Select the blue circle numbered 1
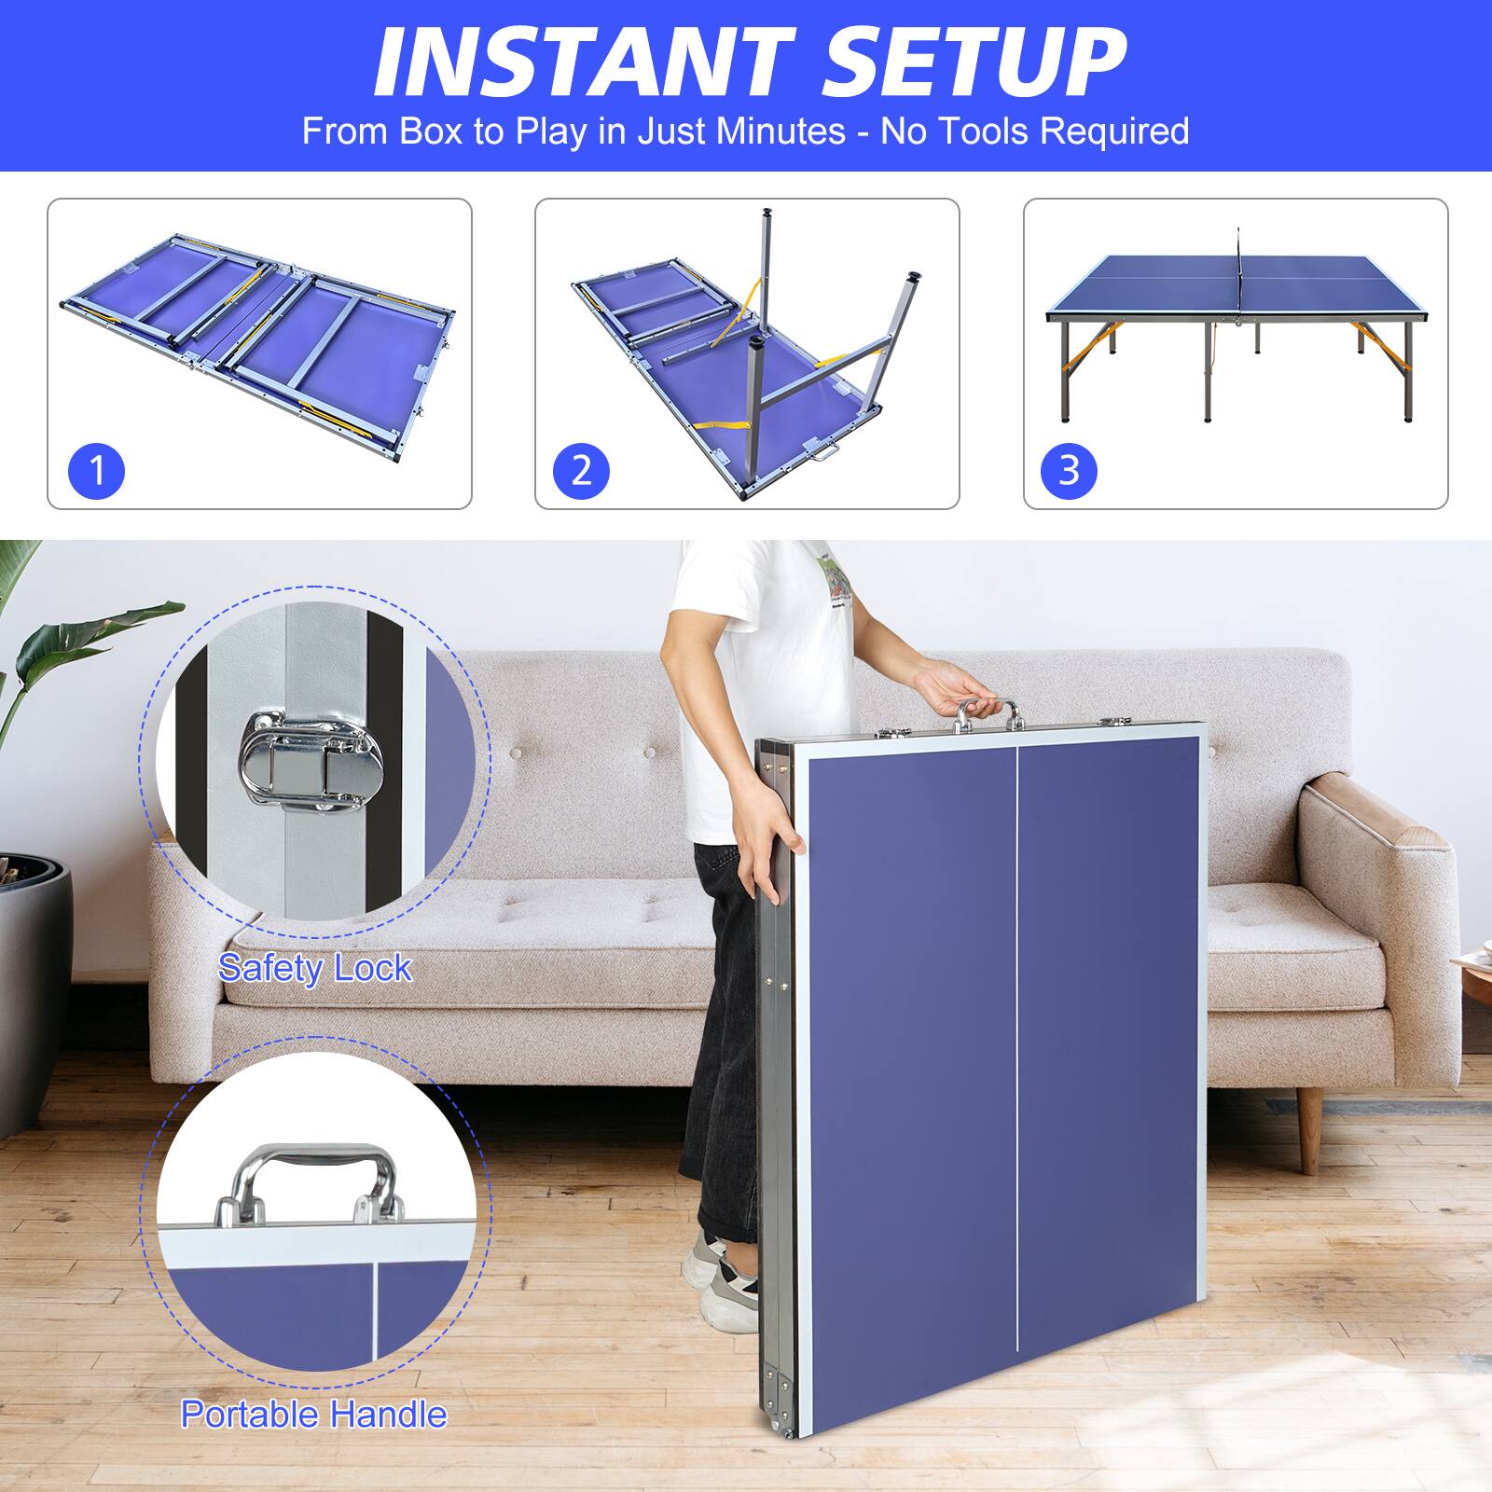click(96, 471)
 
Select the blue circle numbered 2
click(581, 471)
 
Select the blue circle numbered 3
click(1069, 471)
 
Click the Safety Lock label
click(315, 968)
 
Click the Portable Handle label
click(313, 1415)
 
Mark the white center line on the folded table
click(1015, 1072)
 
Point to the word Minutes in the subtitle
click(781, 131)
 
